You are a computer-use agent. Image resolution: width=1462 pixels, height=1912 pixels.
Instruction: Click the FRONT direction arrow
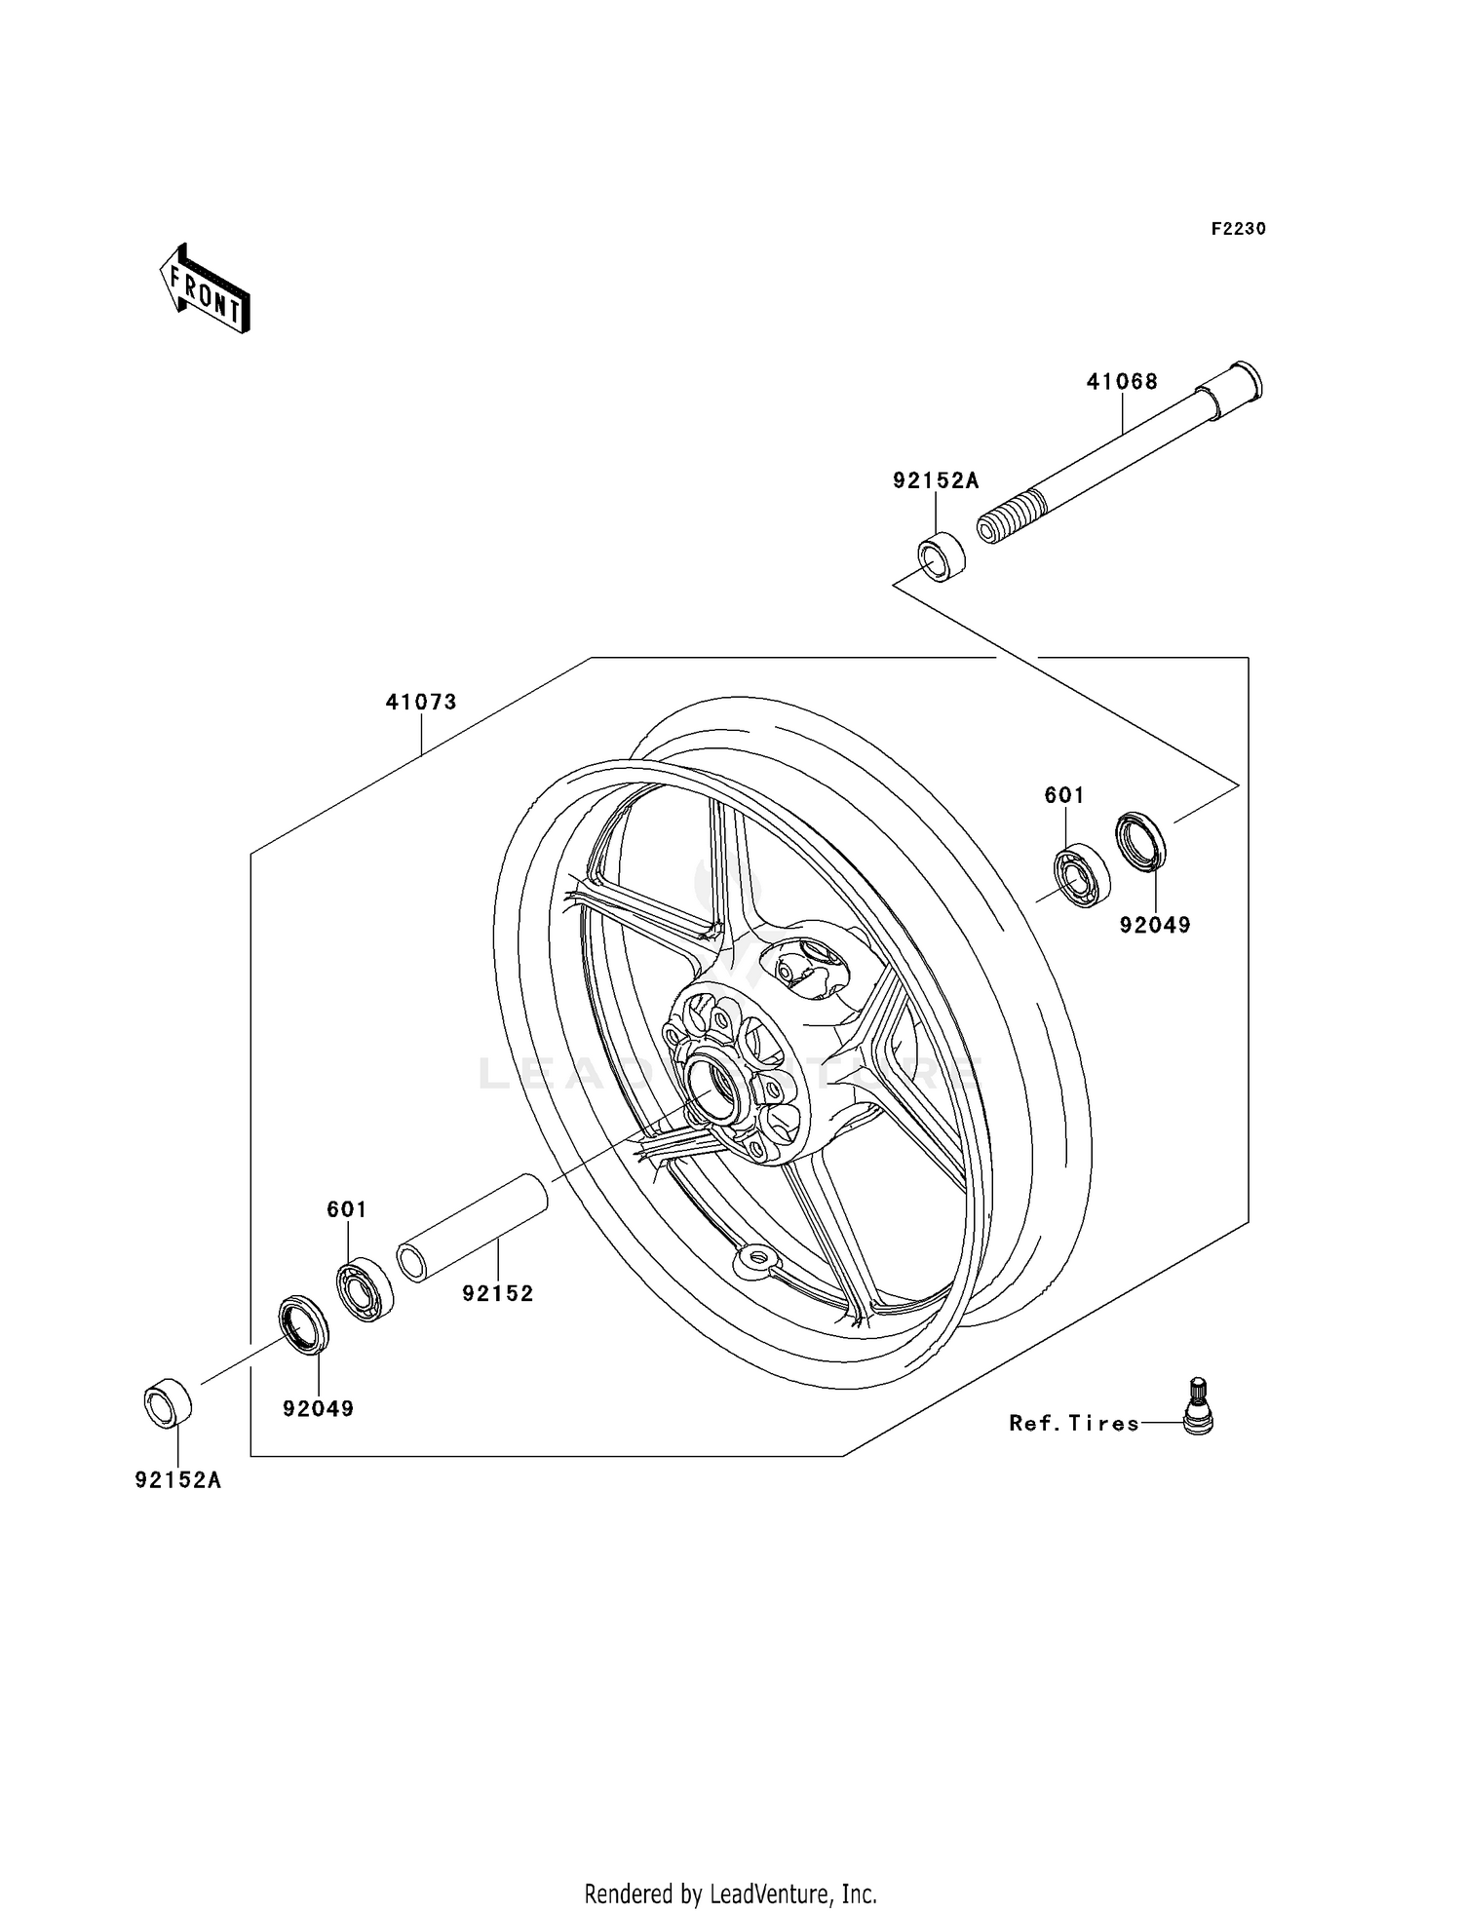tap(206, 289)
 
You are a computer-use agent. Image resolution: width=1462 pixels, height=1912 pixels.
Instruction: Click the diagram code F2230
tap(1238, 229)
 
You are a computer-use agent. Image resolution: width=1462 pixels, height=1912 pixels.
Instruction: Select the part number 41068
tap(1122, 382)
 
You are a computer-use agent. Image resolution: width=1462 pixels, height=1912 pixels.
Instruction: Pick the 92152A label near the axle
tap(936, 480)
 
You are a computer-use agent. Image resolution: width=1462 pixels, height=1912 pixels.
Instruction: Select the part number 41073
tap(421, 702)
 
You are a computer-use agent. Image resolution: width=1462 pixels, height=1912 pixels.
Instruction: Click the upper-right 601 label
tap(1064, 795)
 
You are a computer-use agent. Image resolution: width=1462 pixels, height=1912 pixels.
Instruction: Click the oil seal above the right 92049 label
tap(1140, 840)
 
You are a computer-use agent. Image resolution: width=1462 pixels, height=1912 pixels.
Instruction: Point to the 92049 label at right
tap(1155, 925)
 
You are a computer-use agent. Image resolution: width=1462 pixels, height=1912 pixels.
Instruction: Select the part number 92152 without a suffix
tap(498, 1293)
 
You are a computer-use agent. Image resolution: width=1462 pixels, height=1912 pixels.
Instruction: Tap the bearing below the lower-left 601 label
tap(365, 1289)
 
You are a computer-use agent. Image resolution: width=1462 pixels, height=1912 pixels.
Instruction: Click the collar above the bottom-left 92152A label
tap(168, 1403)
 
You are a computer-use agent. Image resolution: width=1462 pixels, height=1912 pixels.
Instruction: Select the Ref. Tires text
tap(1074, 1423)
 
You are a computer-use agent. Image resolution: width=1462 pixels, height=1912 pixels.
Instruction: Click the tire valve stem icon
tap(1198, 1406)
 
